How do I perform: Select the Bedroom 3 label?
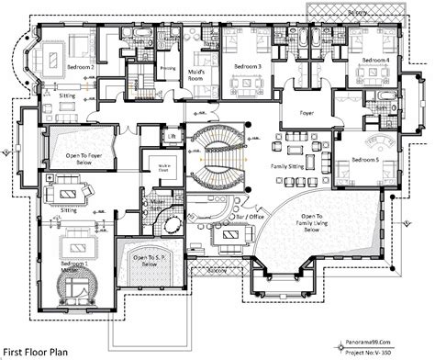(x=248, y=67)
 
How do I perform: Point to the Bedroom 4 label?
(x=375, y=61)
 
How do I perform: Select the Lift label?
(x=172, y=138)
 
